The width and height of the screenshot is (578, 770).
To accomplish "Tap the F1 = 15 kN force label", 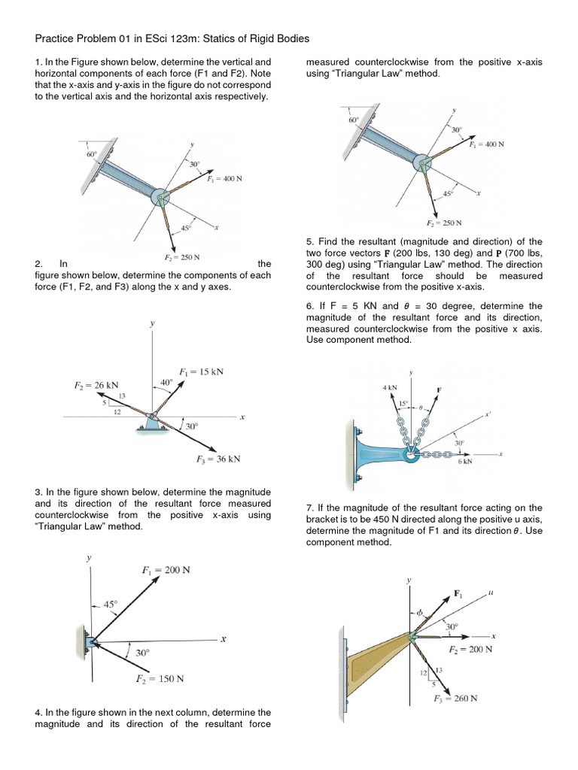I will (201, 371).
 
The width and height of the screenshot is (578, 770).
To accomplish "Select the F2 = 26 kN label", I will (96, 385).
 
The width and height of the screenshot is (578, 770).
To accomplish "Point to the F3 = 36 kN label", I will (218, 459).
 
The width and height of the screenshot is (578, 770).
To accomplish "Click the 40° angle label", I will (166, 382).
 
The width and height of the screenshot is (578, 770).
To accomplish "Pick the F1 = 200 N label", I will (166, 569).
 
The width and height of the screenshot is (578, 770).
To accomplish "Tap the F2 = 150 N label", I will (160, 678).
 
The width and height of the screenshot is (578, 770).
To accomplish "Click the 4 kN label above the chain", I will (389, 387).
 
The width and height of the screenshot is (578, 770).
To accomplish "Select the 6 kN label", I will (464, 462).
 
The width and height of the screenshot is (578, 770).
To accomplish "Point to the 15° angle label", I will (403, 404).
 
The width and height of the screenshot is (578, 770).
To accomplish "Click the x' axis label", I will (488, 412).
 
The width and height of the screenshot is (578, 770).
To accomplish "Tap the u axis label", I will (490, 593).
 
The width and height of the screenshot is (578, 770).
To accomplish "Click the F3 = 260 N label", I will (456, 698).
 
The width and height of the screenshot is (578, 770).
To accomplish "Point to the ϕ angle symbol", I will (421, 611).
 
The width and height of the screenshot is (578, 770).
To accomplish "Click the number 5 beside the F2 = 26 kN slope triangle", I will (105, 403).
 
